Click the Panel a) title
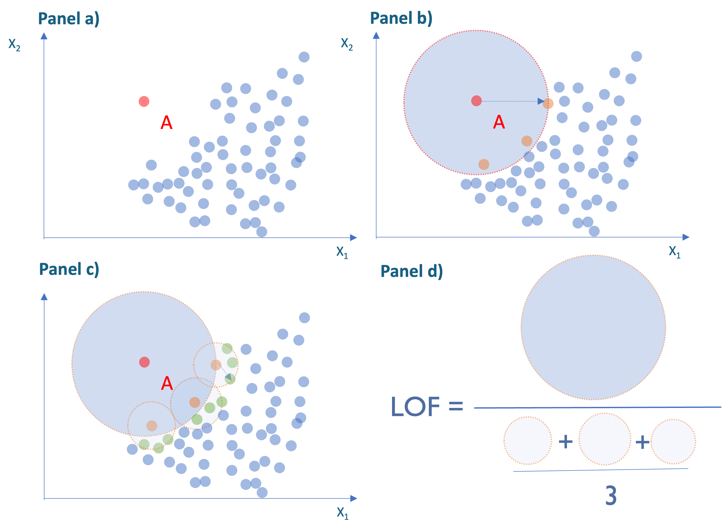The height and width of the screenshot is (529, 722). [68, 19]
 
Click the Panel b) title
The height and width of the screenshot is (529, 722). [401, 18]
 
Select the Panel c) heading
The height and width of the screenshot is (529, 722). [69, 269]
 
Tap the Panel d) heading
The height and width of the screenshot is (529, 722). [411, 272]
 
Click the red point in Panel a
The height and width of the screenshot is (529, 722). [144, 101]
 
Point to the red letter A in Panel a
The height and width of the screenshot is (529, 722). [167, 123]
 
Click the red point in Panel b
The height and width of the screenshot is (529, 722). [476, 101]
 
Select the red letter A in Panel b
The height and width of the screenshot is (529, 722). [499, 122]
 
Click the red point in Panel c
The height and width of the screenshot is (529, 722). [144, 362]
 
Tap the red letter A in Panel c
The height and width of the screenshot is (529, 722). [167, 383]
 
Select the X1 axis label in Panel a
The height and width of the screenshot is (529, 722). [342, 252]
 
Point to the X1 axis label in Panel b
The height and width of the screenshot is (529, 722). [674, 252]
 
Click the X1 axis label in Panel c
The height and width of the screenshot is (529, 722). [342, 513]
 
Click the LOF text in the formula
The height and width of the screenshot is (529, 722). [415, 407]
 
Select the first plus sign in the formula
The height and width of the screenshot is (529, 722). [565, 442]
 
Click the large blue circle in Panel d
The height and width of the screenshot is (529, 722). [593, 327]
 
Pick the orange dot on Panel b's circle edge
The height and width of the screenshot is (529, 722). [548, 103]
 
